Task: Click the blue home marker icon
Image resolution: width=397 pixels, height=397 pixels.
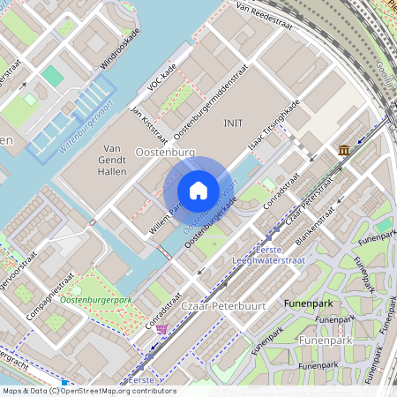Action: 198,191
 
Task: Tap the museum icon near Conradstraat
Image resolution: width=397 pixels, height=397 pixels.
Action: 342,151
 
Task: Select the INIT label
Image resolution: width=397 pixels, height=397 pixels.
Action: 233,124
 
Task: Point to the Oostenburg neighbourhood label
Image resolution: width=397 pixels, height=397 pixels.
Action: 166,152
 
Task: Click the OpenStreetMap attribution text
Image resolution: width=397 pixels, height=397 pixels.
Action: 88,391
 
